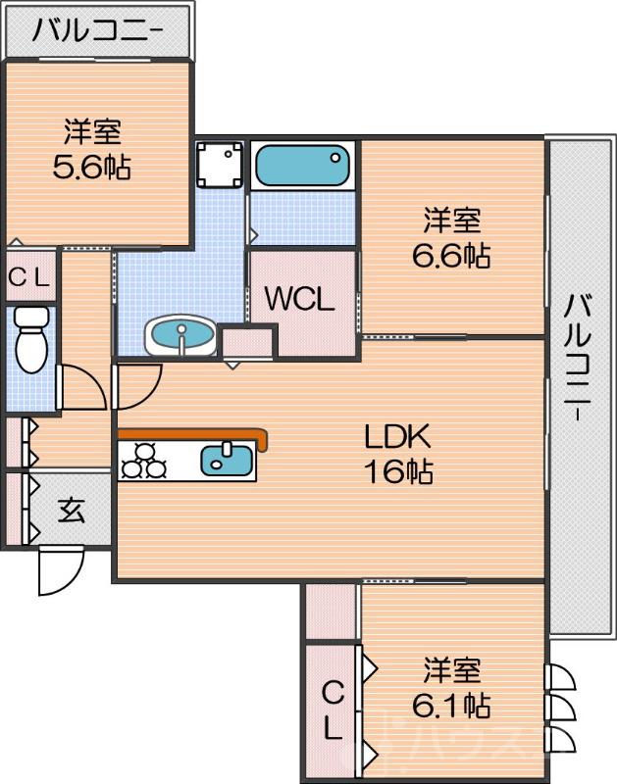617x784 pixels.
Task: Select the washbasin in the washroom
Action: point(180,336)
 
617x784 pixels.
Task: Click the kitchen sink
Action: point(228,459)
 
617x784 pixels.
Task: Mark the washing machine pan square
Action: point(219,165)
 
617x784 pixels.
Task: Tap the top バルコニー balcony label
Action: point(95,30)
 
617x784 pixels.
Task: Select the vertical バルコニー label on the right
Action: point(579,358)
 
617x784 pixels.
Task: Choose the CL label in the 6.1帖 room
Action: point(334,710)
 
